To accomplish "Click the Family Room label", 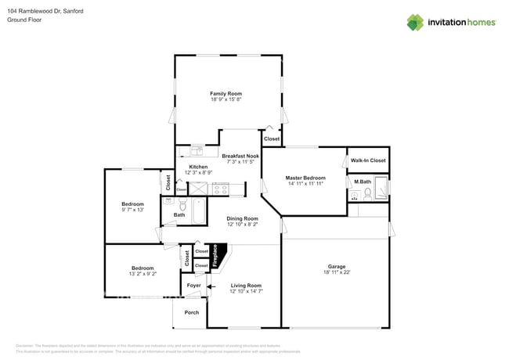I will coord(226,94).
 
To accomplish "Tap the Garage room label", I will coord(334,266).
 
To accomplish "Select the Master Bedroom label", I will coord(305,178).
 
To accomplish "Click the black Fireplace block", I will coord(215,256).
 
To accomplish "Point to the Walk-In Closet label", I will coord(368,160).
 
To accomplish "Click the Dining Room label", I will coord(242,218).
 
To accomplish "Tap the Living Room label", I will coord(245,286).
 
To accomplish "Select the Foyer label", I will coord(193,286).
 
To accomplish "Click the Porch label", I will coord(191,312).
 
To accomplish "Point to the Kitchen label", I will coord(198,167).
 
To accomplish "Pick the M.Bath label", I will coord(362,182).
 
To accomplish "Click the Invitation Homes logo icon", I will coord(415,22).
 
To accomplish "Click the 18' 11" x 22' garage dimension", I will coord(334,272).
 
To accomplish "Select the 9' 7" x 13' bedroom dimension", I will coord(132,210).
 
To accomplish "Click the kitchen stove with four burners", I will coord(221,189).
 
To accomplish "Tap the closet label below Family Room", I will coord(271,139).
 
